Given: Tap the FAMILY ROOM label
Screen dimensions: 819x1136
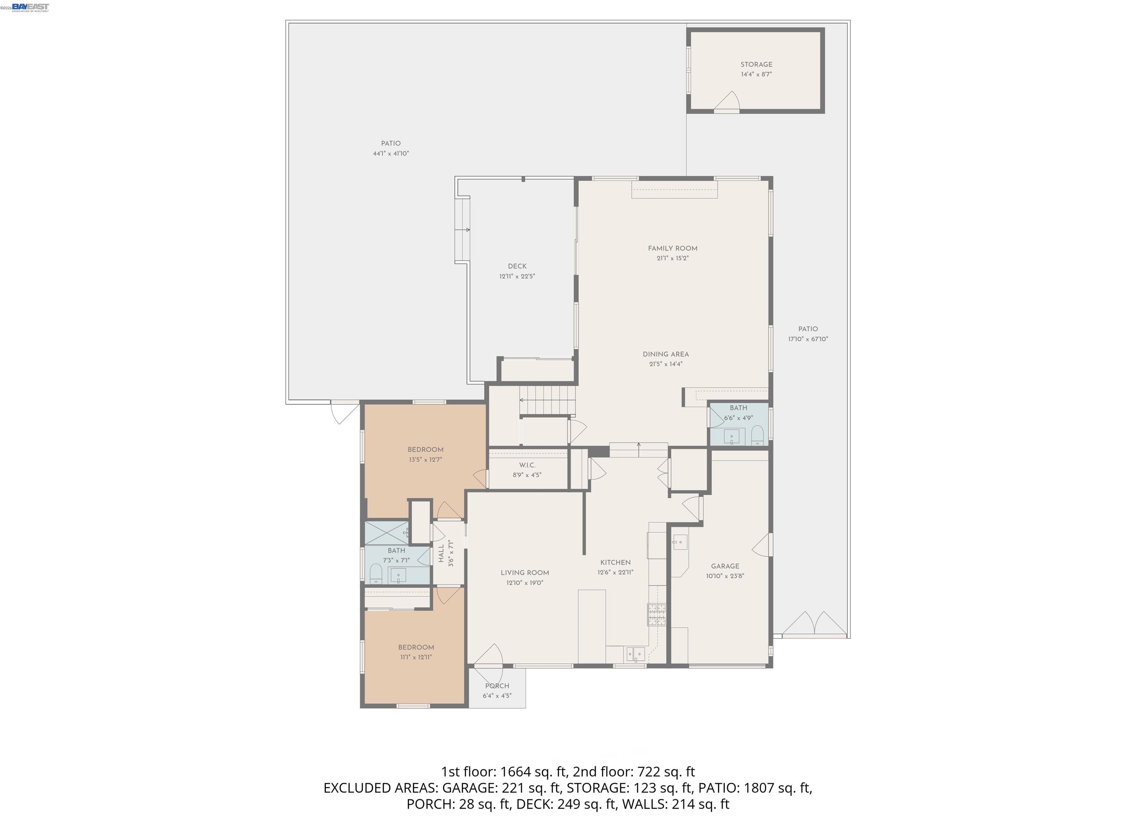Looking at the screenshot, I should coord(672,248).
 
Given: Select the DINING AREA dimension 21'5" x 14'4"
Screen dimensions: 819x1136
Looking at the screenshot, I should coord(666,364).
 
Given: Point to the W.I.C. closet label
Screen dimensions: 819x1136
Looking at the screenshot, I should coord(527,465).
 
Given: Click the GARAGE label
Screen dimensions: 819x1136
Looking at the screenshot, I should coord(725,566).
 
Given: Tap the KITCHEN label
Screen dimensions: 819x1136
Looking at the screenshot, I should coord(615,562).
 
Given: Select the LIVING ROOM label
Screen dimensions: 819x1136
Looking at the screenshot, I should coord(524,573).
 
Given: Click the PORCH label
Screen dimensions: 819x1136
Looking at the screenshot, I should coord(497,686).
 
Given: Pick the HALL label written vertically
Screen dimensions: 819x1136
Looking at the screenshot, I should coord(441,554).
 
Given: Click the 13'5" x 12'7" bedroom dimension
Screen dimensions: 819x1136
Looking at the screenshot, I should coord(425,459).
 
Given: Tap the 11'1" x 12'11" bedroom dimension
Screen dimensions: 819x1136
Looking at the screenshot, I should coord(416,657).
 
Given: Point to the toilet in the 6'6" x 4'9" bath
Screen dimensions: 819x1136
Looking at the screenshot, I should coord(757,436).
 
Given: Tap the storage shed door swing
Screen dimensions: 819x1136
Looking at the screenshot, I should coord(729,101).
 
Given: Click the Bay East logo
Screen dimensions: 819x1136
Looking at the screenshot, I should coord(30,7).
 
